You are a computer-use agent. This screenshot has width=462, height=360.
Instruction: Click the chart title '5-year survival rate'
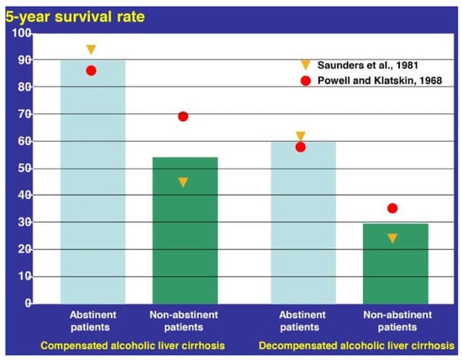click(75, 17)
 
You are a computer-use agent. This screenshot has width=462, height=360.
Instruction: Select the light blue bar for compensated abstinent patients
click(92, 181)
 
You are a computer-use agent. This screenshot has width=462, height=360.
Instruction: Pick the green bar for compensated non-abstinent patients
click(185, 231)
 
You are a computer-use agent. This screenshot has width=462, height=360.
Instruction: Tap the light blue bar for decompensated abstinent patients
click(303, 223)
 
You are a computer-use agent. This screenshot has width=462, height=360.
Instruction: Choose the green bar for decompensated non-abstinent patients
click(396, 263)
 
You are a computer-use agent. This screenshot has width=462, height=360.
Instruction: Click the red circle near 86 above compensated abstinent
click(92, 70)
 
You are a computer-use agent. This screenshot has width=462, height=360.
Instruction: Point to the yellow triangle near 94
click(92, 50)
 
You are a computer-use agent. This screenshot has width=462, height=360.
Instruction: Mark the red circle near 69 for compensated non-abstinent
click(183, 117)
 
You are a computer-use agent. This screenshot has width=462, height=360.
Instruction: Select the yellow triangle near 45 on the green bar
click(183, 182)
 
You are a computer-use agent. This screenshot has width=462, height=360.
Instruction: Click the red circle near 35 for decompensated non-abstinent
click(392, 208)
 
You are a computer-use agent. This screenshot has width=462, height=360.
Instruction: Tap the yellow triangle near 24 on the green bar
click(392, 238)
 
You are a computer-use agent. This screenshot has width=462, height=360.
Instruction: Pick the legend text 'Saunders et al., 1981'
click(368, 65)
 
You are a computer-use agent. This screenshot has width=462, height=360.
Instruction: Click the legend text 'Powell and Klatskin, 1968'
click(380, 81)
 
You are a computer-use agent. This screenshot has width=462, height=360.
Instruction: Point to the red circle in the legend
click(306, 81)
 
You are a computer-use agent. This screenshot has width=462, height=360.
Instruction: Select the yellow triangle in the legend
click(306, 65)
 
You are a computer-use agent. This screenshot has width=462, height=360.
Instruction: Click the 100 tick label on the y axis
click(22, 33)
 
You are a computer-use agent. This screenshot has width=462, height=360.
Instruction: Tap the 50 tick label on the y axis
click(24, 169)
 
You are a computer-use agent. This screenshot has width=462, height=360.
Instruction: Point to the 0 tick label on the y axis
click(29, 303)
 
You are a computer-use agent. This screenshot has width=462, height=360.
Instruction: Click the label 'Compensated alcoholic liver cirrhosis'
click(133, 346)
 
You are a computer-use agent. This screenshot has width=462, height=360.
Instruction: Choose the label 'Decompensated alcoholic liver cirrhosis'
click(356, 346)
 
